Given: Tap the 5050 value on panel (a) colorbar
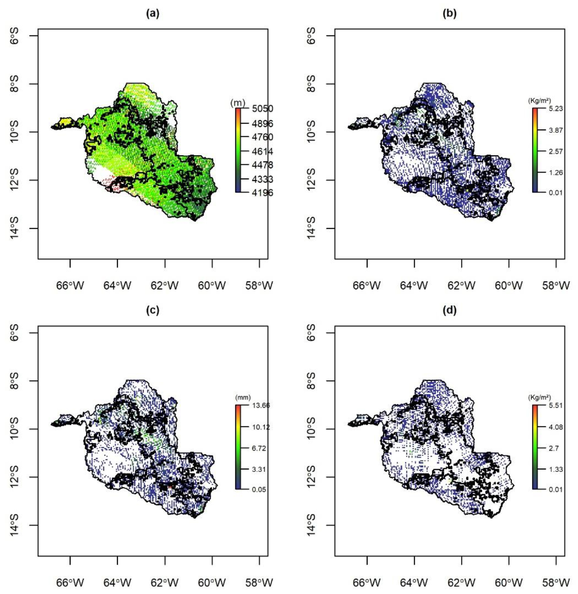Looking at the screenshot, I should (x=262, y=109).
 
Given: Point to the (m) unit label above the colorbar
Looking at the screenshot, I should (x=237, y=103).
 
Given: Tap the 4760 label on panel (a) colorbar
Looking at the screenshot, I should (x=262, y=137).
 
